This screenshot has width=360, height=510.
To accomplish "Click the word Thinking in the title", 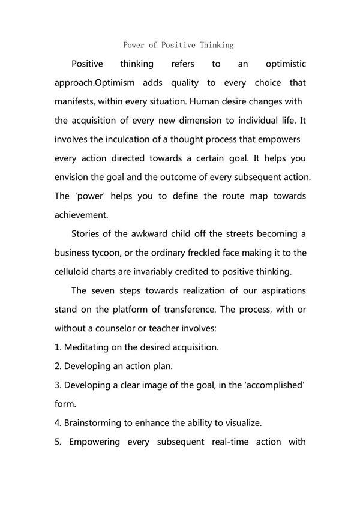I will [216, 45].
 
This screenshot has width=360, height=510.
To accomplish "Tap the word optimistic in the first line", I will [281, 64].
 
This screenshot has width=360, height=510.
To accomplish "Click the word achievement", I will [82, 215].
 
